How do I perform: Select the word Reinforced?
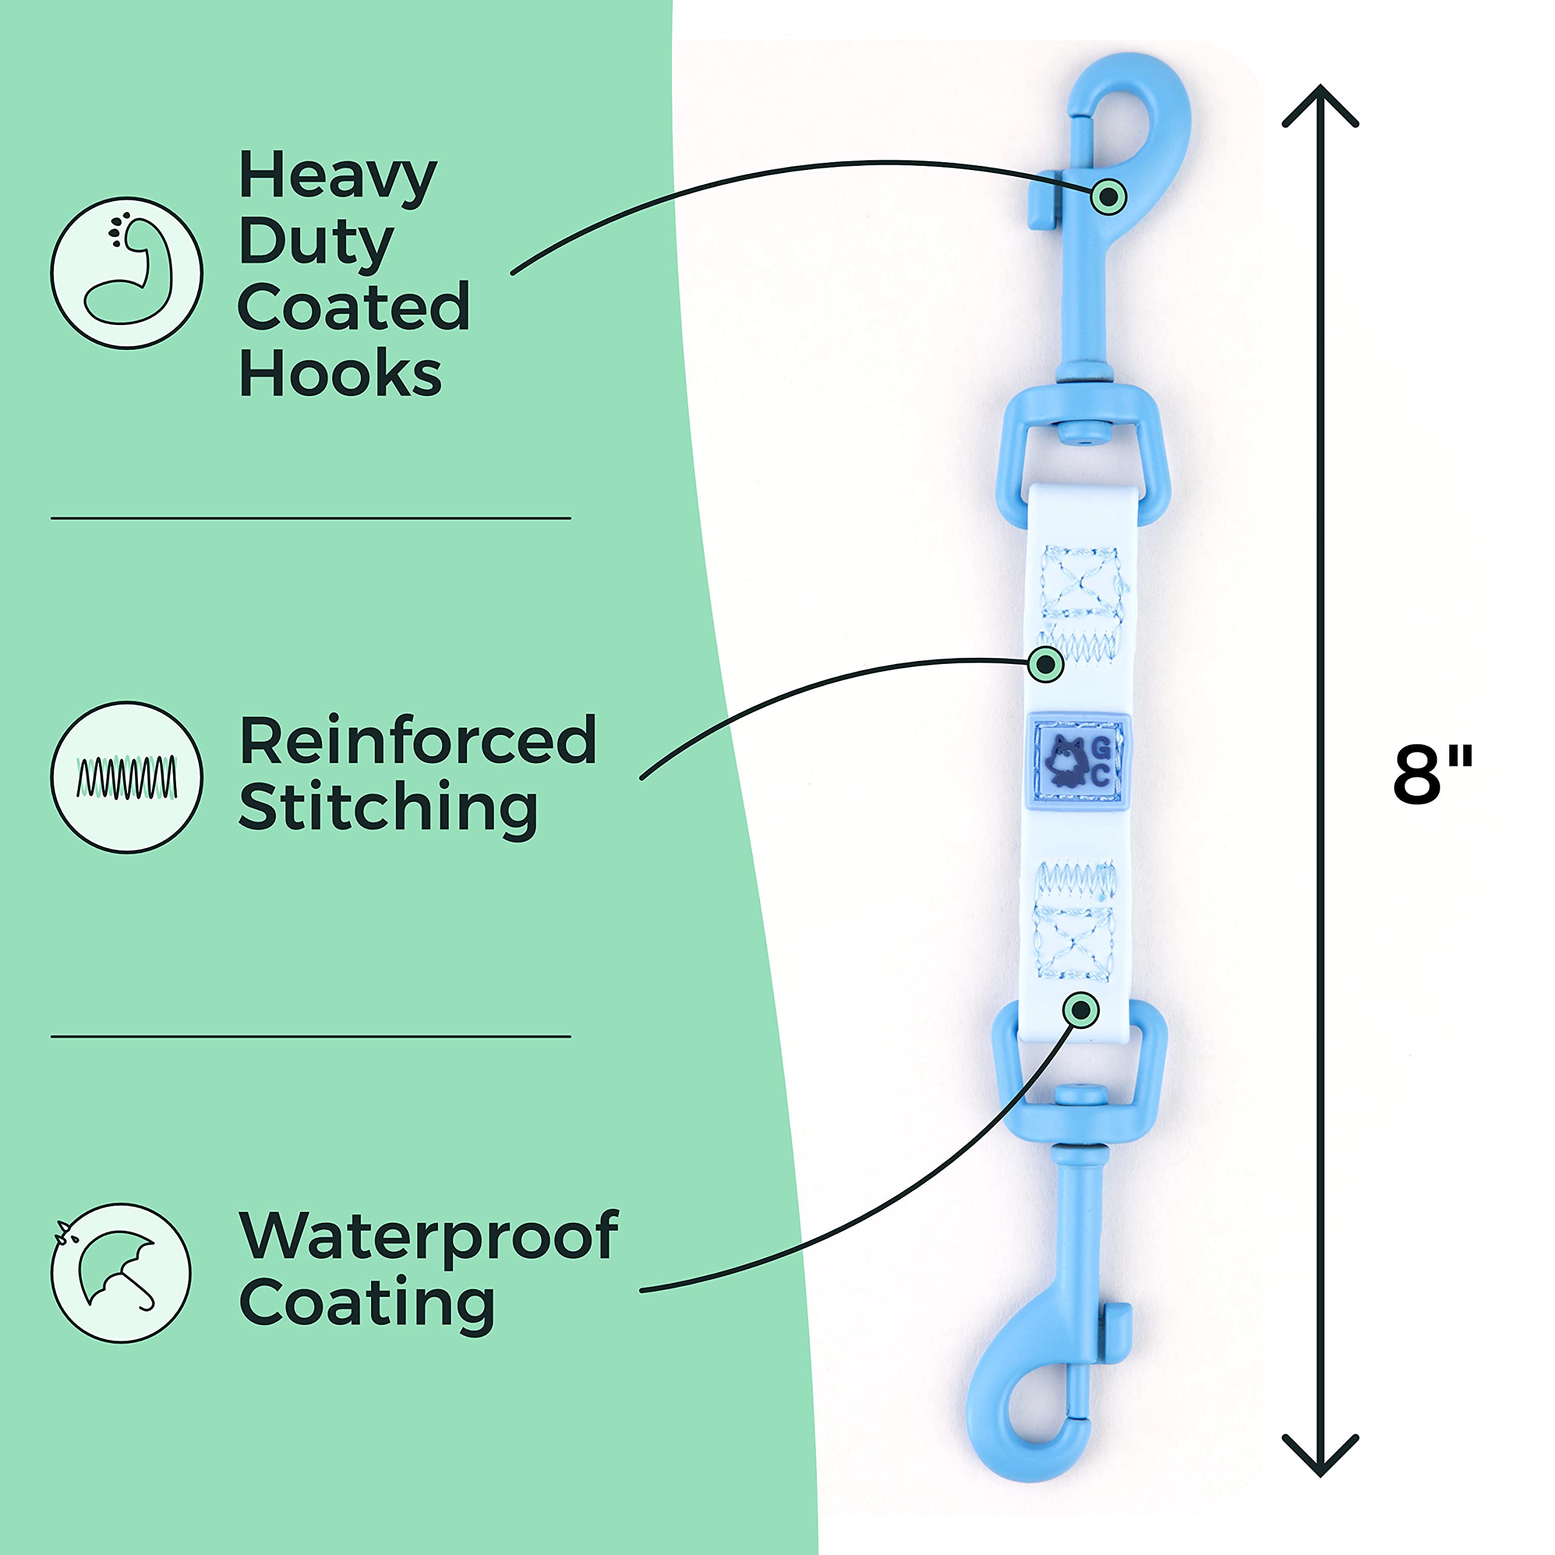418,740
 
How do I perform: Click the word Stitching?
388,809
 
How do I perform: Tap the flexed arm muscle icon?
127,273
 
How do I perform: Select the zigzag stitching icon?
126,777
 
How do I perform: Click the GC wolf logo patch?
1079,760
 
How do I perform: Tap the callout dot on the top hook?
1109,196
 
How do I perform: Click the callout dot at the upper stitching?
1045,665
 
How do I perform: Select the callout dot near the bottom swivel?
1080,1010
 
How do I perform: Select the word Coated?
354,307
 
